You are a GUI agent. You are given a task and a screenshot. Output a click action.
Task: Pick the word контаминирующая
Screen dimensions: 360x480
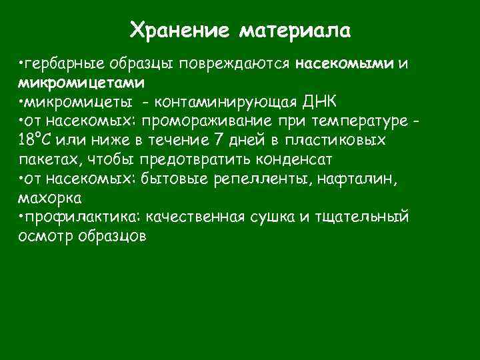[237, 102]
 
